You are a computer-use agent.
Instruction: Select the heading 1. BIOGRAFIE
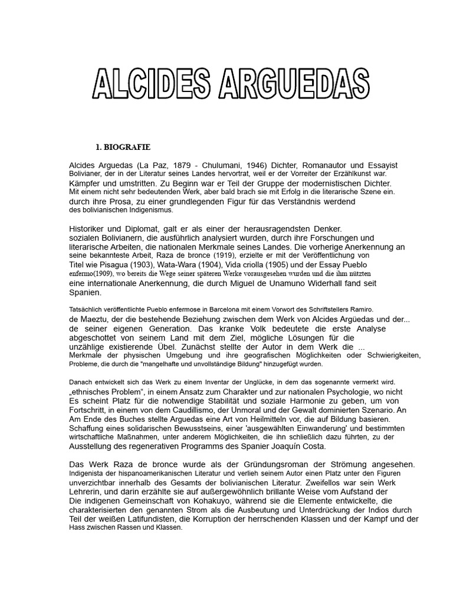123,147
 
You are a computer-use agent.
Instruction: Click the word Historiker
90,228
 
